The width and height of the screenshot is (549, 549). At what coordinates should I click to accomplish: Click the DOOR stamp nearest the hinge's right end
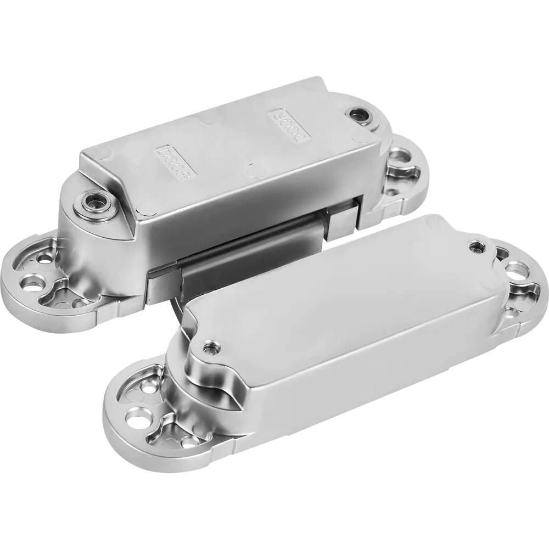290,126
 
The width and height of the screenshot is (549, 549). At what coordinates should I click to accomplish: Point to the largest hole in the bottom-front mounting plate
138,417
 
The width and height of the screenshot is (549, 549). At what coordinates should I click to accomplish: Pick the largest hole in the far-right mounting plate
517,268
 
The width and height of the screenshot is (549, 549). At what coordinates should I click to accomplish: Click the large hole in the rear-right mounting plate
401,155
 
